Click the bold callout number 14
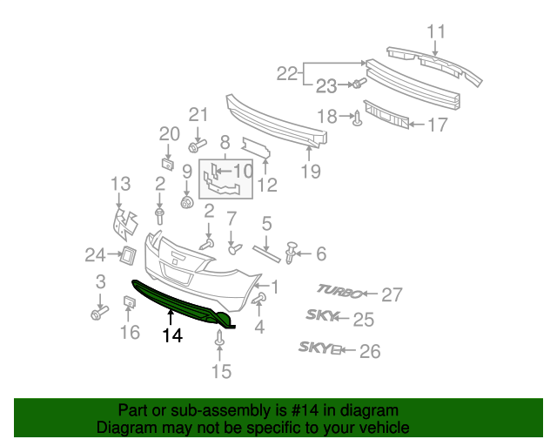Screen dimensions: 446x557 171,334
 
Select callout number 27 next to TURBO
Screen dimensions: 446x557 393,294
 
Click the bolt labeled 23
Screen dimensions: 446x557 358,84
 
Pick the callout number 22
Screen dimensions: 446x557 287,74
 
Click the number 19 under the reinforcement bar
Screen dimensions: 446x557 312,172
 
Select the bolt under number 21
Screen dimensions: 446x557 196,145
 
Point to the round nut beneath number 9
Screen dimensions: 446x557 186,203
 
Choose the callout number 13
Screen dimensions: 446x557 120,184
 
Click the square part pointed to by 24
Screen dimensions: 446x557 125,255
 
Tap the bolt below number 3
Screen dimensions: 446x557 98,311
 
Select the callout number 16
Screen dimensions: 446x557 129,332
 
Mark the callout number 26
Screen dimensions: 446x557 370,351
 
